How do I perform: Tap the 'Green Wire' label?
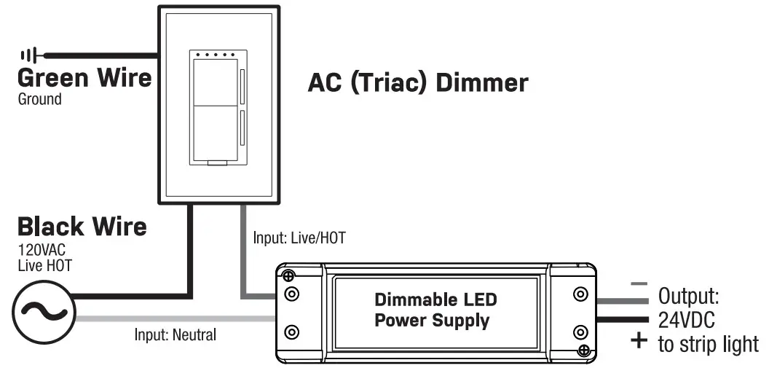[x=84, y=78]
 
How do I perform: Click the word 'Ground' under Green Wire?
[x=39, y=99]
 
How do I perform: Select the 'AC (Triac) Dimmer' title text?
[x=417, y=82]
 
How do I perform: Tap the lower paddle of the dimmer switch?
[x=213, y=133]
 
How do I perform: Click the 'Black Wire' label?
[x=82, y=227]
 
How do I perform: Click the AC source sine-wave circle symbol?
[x=43, y=312]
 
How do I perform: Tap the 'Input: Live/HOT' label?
[x=299, y=238]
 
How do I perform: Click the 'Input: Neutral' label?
[x=175, y=335]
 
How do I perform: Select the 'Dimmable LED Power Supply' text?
[x=435, y=310]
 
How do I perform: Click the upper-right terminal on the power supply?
[x=580, y=294]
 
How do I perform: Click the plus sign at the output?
[x=639, y=340]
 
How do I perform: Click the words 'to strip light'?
[x=708, y=344]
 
